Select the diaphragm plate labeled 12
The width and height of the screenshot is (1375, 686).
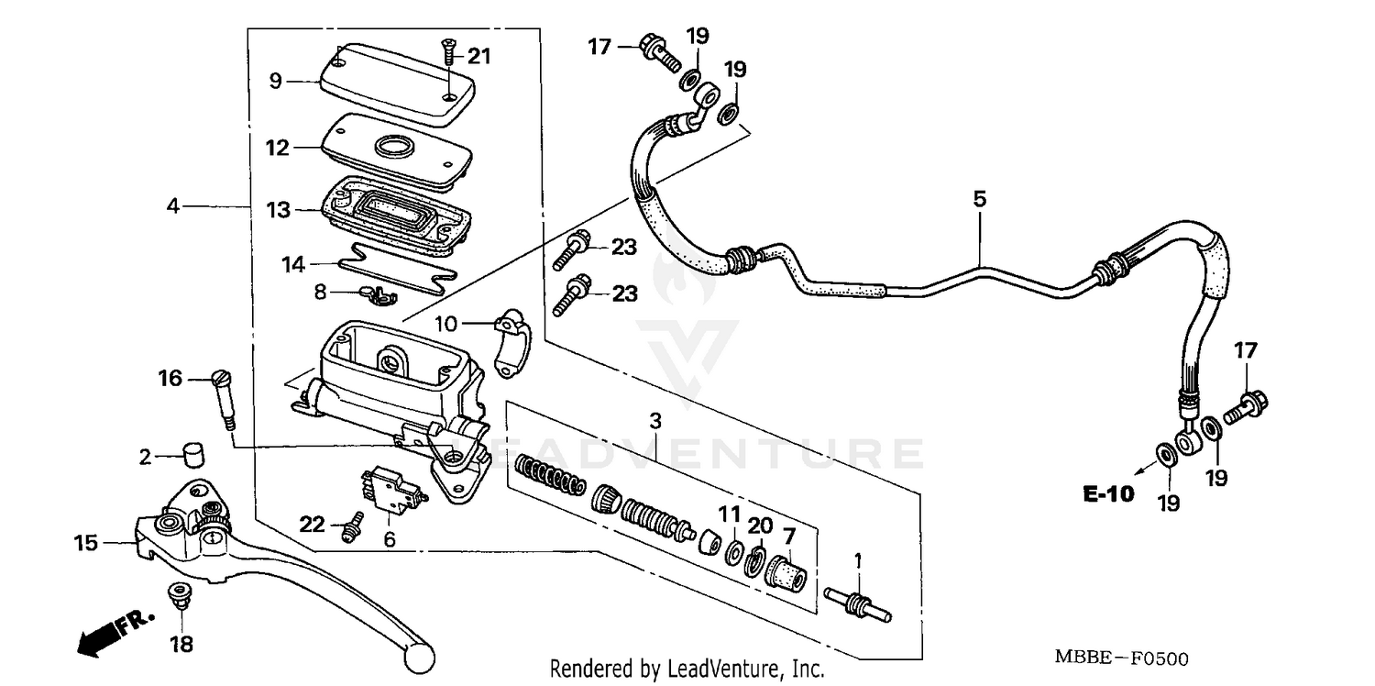tap(394, 149)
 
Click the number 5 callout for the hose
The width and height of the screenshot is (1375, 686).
tap(979, 198)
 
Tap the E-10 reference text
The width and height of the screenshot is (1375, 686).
tap(1107, 495)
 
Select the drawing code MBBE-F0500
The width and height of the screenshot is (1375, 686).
tap(1121, 658)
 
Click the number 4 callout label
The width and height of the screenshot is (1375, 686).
tap(173, 206)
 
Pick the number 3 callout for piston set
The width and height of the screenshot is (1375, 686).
tap(654, 421)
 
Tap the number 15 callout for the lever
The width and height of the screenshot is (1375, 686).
tap(85, 543)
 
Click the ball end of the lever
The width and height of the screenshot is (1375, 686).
tap(420, 656)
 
